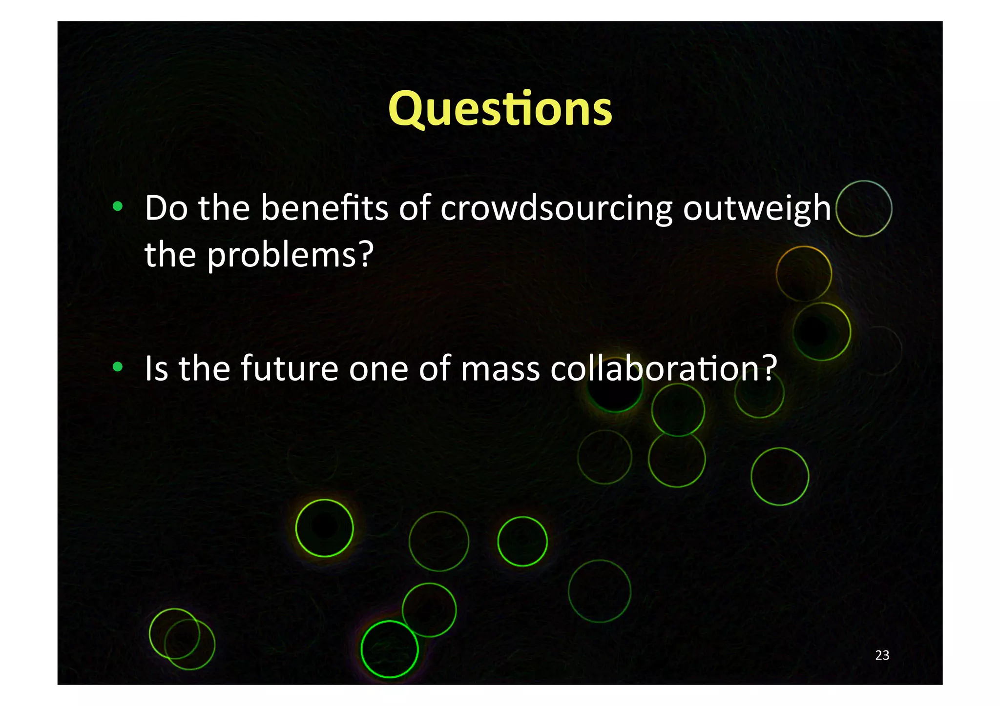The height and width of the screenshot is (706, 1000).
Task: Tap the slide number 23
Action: (x=882, y=655)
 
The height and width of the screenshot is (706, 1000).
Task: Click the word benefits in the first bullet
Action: (x=324, y=208)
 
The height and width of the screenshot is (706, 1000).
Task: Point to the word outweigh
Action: (x=756, y=209)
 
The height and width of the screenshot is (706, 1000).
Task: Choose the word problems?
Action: (x=291, y=255)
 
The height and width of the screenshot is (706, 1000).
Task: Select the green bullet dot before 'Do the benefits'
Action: (x=117, y=207)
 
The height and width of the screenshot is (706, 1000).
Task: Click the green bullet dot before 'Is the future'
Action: (x=117, y=367)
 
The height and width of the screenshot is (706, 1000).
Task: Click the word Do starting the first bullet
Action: (x=166, y=208)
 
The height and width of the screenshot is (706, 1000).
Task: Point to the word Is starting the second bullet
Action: (x=156, y=368)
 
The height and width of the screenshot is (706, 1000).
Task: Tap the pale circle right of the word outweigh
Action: (x=863, y=209)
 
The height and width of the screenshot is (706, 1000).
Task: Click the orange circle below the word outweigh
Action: (x=804, y=274)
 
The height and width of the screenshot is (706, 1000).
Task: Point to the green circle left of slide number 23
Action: (x=780, y=476)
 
